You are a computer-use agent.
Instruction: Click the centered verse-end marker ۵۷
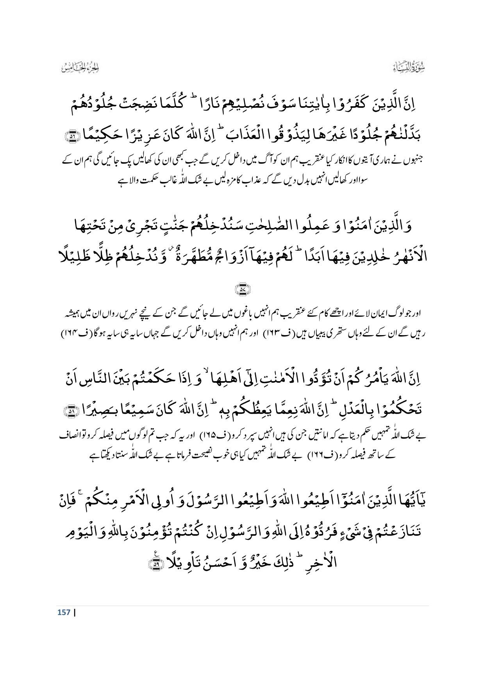point(242,289)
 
